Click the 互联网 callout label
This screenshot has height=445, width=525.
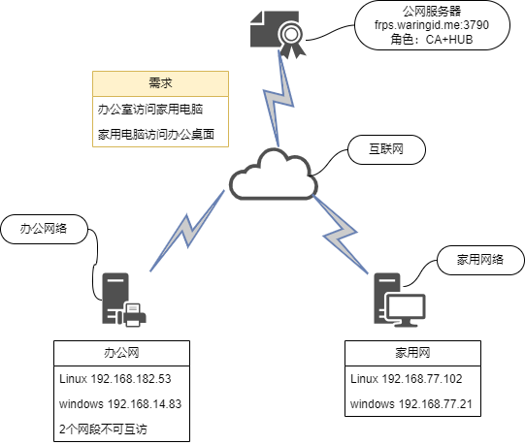click(x=387, y=149)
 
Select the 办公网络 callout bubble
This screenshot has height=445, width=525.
click(x=45, y=229)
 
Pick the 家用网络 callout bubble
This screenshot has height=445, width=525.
click(x=480, y=260)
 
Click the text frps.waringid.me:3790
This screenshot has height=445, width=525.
click(x=432, y=25)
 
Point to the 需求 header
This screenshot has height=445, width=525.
click(x=160, y=83)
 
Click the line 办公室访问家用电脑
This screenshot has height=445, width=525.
click(x=150, y=110)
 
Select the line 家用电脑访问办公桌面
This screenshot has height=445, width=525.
click(x=156, y=135)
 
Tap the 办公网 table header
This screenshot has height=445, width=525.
click(x=121, y=353)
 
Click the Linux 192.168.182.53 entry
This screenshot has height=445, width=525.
click(x=115, y=379)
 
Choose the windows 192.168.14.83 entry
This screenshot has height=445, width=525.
click(x=120, y=404)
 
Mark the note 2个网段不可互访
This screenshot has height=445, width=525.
click(x=103, y=429)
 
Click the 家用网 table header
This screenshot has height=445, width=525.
click(x=412, y=353)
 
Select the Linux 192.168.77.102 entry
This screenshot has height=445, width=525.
click(x=407, y=379)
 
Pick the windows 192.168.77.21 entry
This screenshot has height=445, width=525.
click(x=411, y=404)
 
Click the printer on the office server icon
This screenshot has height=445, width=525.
click(x=135, y=314)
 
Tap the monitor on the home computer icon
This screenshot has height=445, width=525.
click(x=405, y=309)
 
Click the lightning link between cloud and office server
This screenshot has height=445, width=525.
click(x=187, y=231)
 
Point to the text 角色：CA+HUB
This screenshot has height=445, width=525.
click(x=432, y=40)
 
